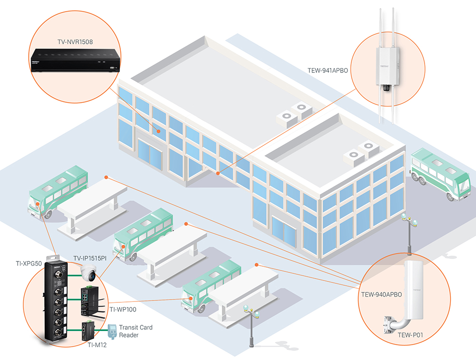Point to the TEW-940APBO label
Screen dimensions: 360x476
tap(381, 295)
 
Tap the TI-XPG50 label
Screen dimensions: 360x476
tap(30, 263)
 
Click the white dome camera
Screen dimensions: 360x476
tap(89, 273)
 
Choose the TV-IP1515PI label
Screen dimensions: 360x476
tap(89, 258)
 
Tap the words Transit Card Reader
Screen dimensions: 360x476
tap(136, 331)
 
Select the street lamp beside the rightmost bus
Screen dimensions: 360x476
tap(408, 233)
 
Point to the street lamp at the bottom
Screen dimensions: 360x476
tap(250, 329)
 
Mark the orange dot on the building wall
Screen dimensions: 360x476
tap(218, 173)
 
